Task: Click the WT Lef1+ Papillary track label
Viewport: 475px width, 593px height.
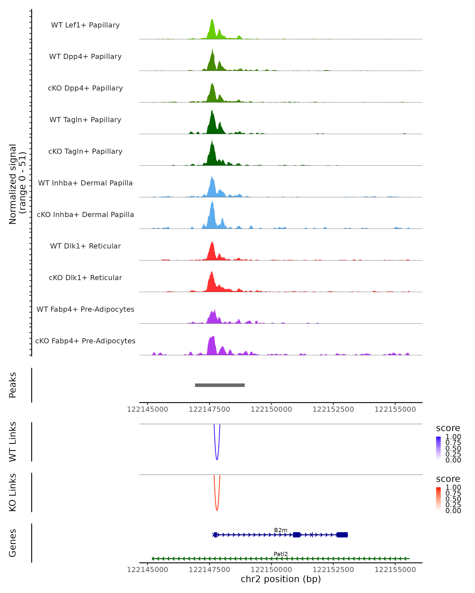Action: (x=85, y=25)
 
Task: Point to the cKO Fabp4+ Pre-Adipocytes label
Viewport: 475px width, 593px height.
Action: (x=85, y=341)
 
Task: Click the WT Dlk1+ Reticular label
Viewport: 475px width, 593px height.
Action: (x=85, y=246)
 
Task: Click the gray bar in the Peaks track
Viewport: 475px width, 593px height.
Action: (x=220, y=385)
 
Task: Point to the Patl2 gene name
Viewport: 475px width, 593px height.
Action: (x=281, y=554)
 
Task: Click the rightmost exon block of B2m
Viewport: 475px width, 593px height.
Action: (x=342, y=535)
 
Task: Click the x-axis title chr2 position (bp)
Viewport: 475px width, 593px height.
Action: (x=281, y=579)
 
